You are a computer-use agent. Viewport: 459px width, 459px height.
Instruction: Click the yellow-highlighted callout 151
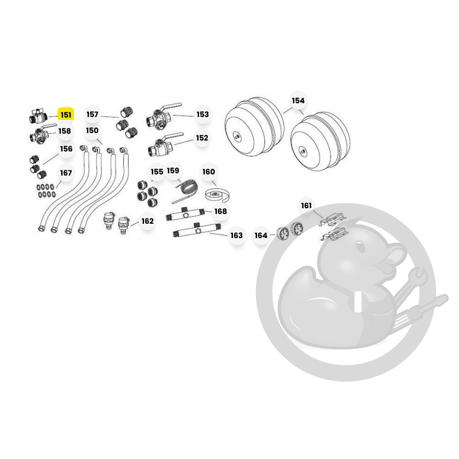pyautogui.click(x=66, y=115)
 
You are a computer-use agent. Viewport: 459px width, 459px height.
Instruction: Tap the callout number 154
pyautogui.click(x=298, y=101)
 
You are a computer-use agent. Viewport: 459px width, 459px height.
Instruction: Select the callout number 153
pyautogui.click(x=203, y=114)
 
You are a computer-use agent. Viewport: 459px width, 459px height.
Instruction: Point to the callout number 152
pyautogui.click(x=202, y=138)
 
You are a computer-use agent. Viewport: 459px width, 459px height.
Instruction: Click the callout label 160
pyautogui.click(x=208, y=172)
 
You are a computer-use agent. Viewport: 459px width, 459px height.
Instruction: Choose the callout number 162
pyautogui.click(x=147, y=221)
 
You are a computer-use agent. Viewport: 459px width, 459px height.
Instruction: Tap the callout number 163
pyautogui.click(x=236, y=235)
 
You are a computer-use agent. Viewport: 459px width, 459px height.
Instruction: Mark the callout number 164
pyautogui.click(x=261, y=235)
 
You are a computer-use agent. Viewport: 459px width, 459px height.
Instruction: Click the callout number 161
pyautogui.click(x=306, y=206)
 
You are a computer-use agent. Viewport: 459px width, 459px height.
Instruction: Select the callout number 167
pyautogui.click(x=66, y=173)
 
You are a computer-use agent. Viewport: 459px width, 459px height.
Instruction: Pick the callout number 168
pyautogui.click(x=220, y=211)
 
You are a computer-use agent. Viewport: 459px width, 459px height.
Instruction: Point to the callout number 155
pyautogui.click(x=157, y=172)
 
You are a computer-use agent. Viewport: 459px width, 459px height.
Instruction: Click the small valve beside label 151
pyautogui.click(x=38, y=116)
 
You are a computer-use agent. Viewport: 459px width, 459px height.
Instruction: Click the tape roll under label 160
pyautogui.click(x=217, y=195)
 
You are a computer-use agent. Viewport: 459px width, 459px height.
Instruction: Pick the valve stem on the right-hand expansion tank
pyautogui.click(x=303, y=151)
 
